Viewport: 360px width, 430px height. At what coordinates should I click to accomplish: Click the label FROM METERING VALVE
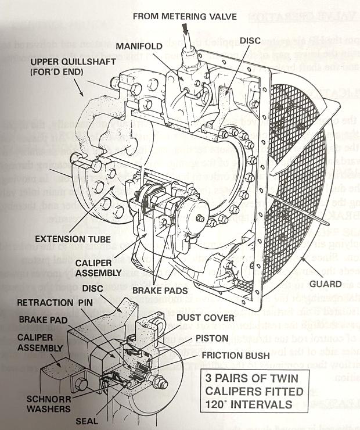point(184,16)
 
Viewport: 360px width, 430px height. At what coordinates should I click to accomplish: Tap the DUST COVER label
point(205,317)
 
